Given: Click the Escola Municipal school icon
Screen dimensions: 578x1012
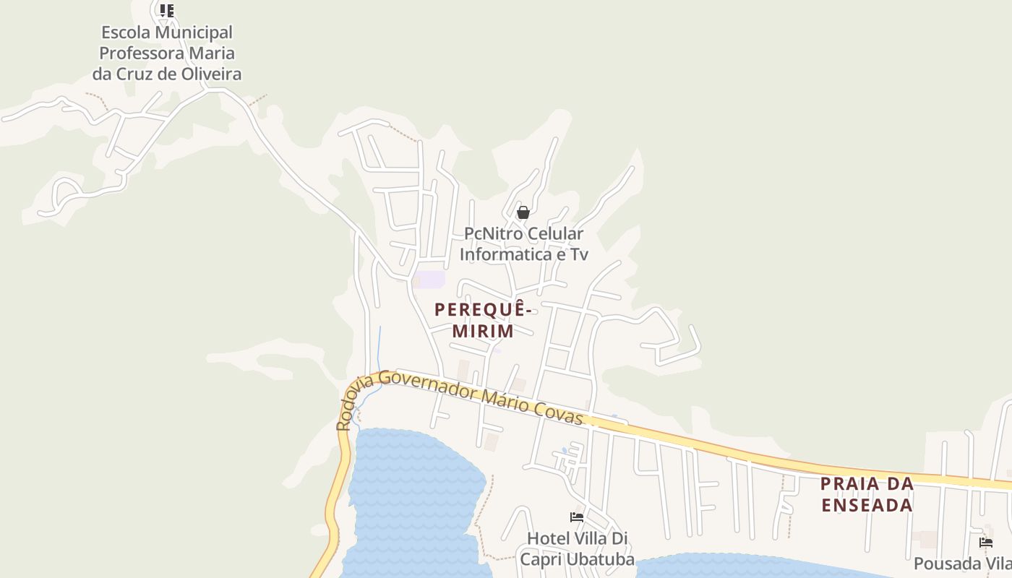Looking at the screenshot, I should click(x=167, y=10).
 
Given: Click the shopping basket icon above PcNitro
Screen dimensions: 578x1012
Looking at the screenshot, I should click(x=523, y=212).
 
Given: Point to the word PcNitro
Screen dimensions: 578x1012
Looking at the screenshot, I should click(x=492, y=234).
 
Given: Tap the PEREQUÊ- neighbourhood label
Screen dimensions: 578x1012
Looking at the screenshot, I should click(x=484, y=309).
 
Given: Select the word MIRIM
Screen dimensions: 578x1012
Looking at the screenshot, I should click(x=483, y=332).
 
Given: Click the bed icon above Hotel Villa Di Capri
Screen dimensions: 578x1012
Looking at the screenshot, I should click(x=577, y=517).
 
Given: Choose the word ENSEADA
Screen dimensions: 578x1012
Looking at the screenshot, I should click(x=867, y=505).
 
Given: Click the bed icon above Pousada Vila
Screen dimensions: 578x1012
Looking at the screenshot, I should click(x=986, y=542).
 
